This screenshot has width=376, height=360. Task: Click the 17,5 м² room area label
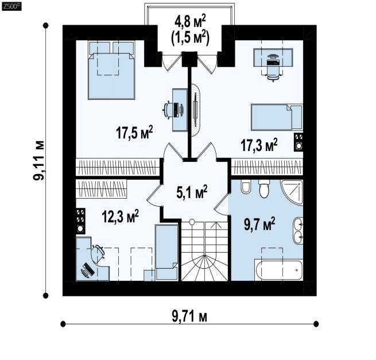coord(134,133)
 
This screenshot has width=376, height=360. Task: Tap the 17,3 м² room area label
coord(259,145)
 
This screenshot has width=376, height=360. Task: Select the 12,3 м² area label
coord(121,216)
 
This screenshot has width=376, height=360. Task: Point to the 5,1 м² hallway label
coord(192,192)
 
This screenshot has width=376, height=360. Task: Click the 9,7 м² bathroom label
coord(259,224)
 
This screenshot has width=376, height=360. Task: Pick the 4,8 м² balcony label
coord(190,21)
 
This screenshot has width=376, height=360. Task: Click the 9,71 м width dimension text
coord(189,316)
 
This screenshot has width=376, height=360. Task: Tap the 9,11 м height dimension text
coord(39,160)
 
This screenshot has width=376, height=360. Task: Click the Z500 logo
coord(11,6)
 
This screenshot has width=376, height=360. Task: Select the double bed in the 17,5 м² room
coord(111,70)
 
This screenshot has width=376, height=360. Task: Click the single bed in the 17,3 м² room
coord(277,117)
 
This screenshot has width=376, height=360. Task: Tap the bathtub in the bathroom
coord(278,270)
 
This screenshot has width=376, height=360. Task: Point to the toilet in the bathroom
coord(264,189)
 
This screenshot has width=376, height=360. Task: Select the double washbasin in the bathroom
coord(298,230)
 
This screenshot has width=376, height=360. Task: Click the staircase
coord(204,251)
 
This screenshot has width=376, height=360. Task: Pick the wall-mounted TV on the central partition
coord(196,110)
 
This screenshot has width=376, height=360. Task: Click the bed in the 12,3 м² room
coord(166,252)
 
